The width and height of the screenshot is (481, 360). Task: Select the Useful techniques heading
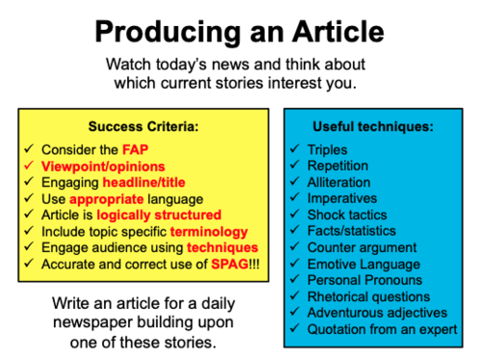pyautogui.click(x=372, y=126)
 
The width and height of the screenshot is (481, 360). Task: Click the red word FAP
pyautogui.click(x=136, y=150)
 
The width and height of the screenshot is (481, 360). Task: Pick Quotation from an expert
pyautogui.click(x=385, y=328)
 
